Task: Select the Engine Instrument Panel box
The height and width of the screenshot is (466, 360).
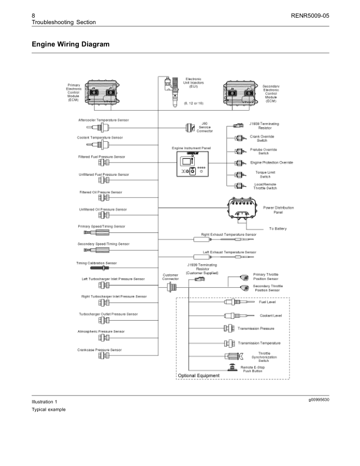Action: point(192,164)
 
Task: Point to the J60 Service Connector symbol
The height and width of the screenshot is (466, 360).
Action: point(189,128)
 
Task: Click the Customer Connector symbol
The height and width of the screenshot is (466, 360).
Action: point(170,287)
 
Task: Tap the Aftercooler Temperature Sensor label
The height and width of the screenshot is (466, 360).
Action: point(104,120)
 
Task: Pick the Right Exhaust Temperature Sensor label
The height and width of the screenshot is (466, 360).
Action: point(229,234)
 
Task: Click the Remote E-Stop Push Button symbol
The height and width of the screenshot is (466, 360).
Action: point(232,367)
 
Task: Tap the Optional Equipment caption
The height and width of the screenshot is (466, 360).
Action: point(199,375)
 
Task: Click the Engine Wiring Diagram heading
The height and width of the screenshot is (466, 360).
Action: point(71,44)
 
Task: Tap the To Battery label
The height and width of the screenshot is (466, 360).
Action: point(278,228)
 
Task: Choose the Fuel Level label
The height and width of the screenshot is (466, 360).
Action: point(268,302)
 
